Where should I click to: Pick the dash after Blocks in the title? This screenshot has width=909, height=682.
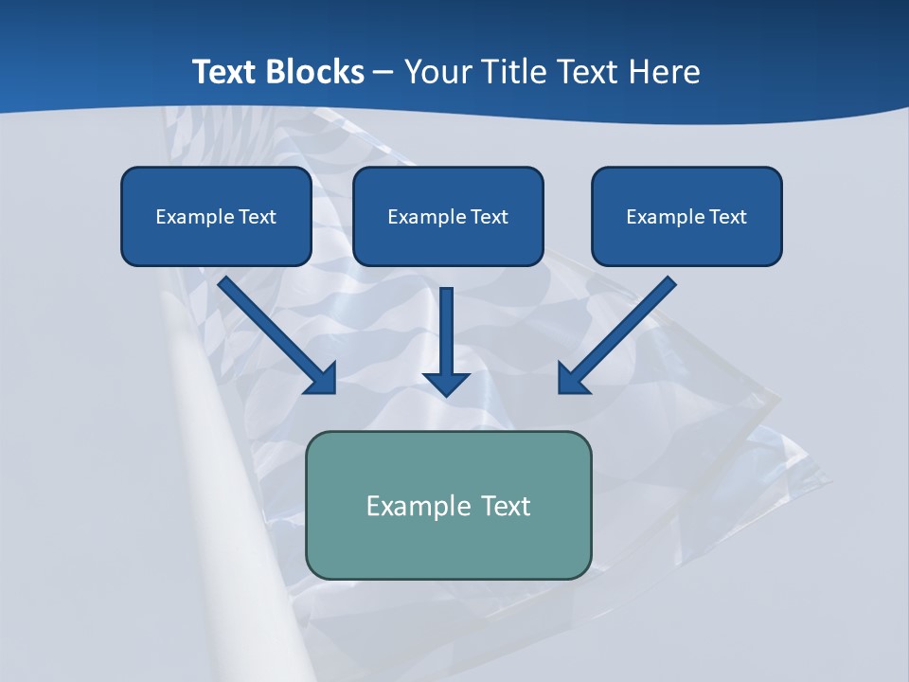tap(383, 73)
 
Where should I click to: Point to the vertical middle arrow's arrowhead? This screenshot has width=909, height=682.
tap(446, 383)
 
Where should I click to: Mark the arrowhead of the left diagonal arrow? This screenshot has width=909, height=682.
tap(323, 378)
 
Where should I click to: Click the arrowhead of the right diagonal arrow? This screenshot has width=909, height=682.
tap(572, 378)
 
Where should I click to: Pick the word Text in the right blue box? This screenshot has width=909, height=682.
tap(728, 217)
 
